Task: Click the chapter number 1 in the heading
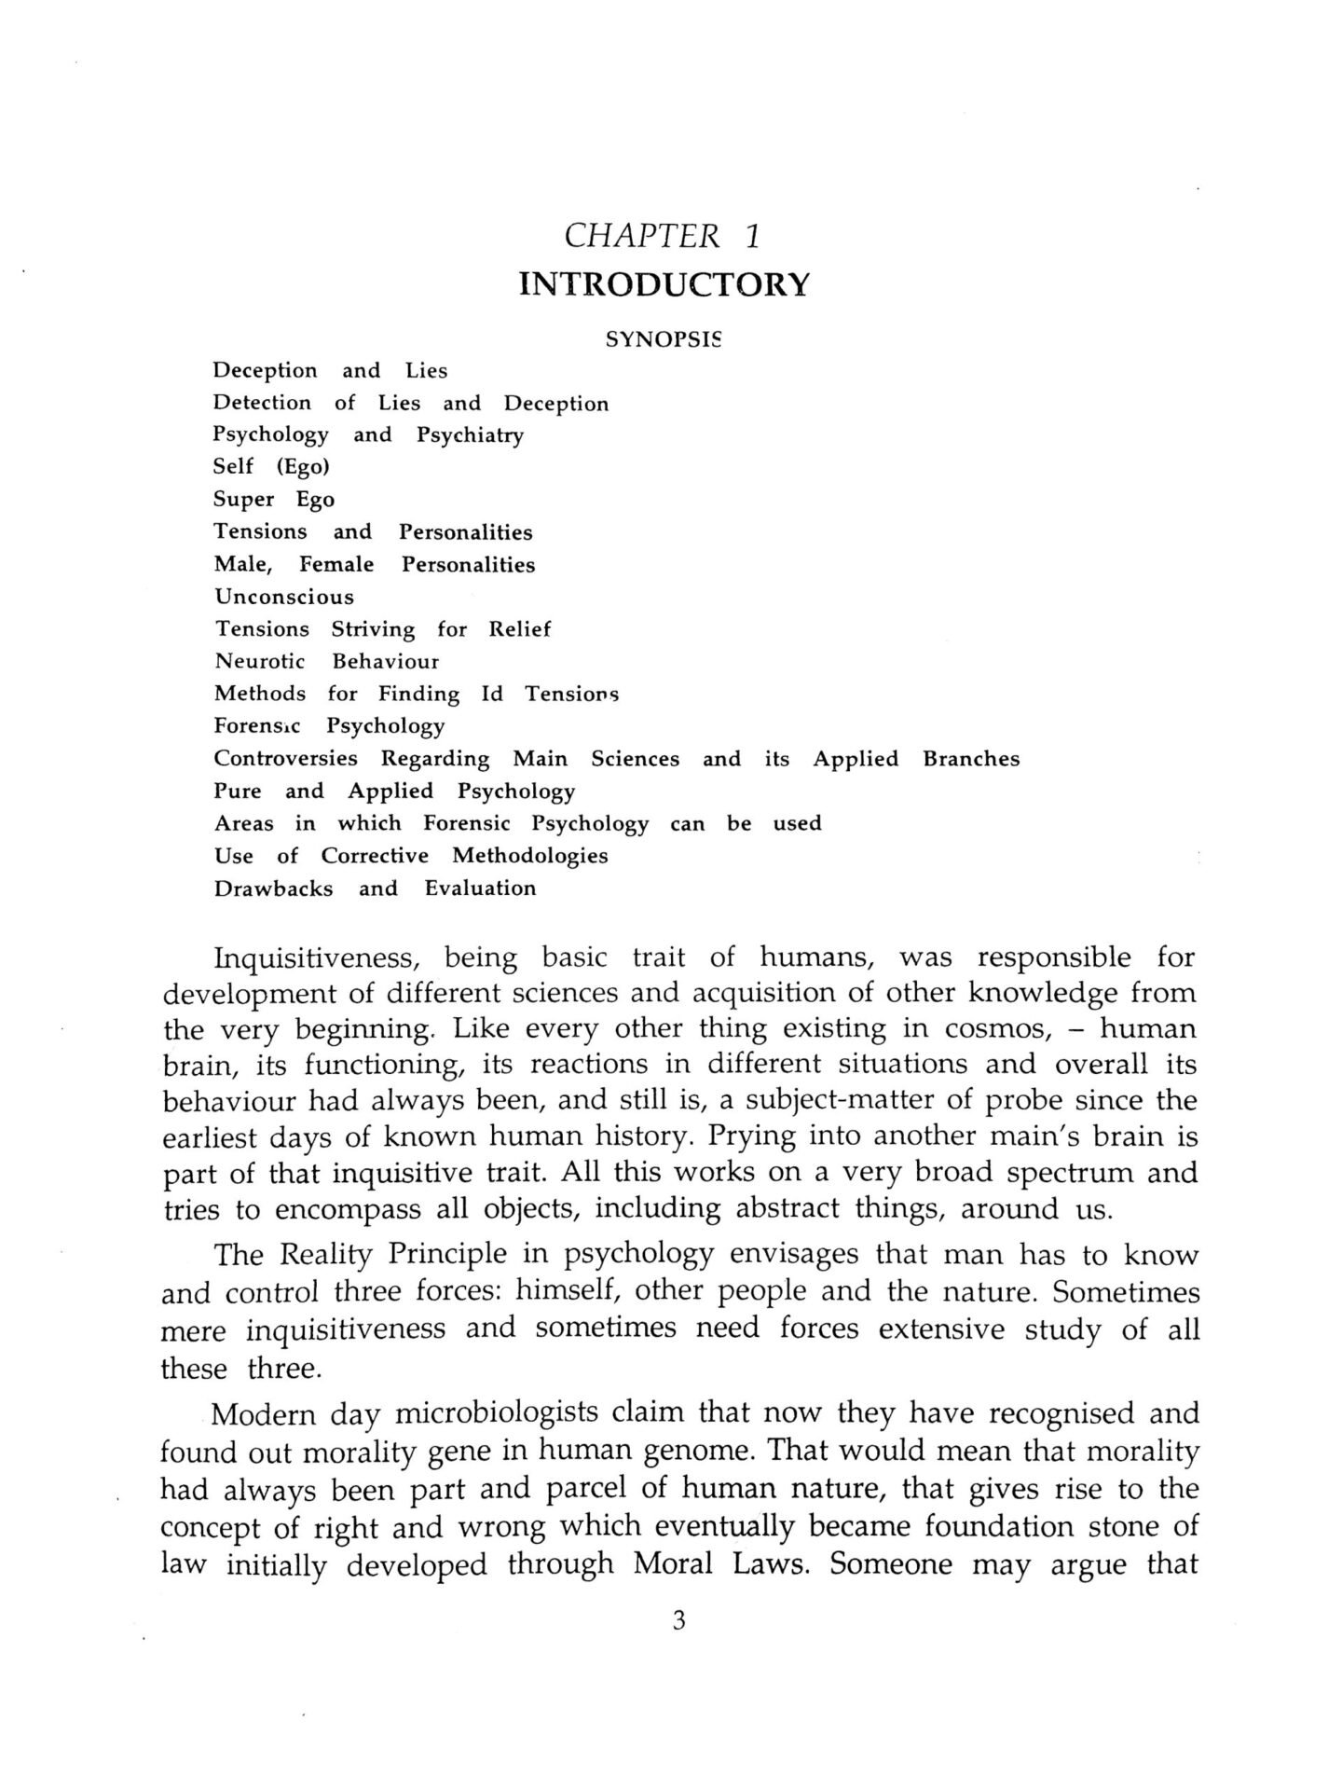[x=752, y=236]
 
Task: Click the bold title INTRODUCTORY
[x=664, y=284]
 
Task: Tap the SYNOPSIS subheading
[x=664, y=339]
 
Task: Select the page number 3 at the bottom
[x=678, y=1647]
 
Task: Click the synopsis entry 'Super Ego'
[x=274, y=500]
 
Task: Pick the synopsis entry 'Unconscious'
[x=284, y=597]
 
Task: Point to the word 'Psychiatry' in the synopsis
[x=470, y=435]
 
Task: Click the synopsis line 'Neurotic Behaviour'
[x=326, y=661]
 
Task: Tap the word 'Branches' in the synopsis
[x=971, y=759]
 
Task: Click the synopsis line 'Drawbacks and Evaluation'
[x=375, y=888]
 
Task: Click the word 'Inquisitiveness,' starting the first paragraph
[x=320, y=958]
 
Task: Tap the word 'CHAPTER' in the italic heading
[x=642, y=236]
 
